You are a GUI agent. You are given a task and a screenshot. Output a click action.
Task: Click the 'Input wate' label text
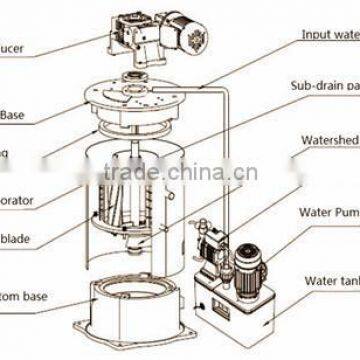pyautogui.click(x=331, y=34)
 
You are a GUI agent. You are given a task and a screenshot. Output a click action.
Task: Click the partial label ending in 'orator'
pyautogui.click(x=17, y=200)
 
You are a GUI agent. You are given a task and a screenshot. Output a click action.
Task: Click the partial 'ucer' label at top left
pyautogui.click(x=14, y=45)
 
